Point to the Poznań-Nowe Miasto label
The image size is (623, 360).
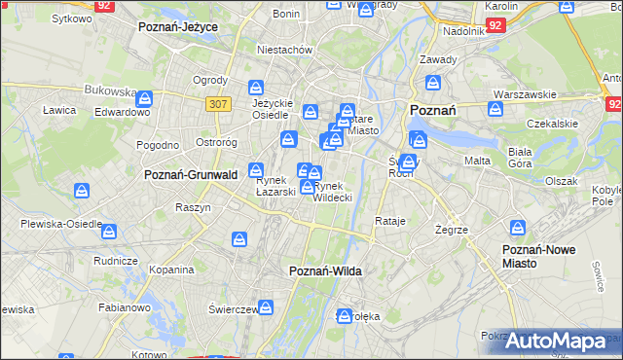click(x=538, y=256)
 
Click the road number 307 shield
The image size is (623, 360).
click(x=218, y=102)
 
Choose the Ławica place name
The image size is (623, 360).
click(x=59, y=110)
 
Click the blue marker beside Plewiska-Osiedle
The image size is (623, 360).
click(x=109, y=232)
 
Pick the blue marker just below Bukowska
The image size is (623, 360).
click(x=144, y=98)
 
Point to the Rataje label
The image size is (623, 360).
click(x=389, y=221)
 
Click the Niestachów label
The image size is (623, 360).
click(x=283, y=49)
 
